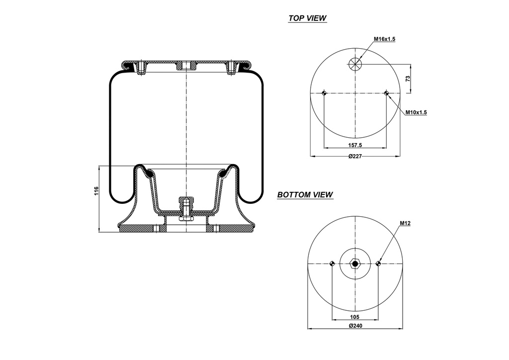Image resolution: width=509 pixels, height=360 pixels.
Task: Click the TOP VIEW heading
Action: (x=307, y=18)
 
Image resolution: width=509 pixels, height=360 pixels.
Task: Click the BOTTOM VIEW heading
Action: (x=305, y=195)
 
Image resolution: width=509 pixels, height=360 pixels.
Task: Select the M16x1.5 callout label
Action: (x=384, y=39)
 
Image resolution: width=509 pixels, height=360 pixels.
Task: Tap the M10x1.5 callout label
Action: (x=416, y=112)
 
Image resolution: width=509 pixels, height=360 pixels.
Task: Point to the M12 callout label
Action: (x=405, y=224)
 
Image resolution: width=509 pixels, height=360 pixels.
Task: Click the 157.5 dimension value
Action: (x=354, y=145)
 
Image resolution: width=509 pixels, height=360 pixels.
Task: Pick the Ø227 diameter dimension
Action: (x=354, y=156)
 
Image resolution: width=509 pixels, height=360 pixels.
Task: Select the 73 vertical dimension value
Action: (x=407, y=79)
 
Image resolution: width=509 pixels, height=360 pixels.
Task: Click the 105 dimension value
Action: (x=355, y=317)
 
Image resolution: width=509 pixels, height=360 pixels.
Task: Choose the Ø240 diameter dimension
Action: (x=355, y=326)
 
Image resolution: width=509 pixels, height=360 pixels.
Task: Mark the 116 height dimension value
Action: (x=97, y=191)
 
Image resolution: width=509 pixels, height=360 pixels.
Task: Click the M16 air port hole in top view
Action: (x=355, y=63)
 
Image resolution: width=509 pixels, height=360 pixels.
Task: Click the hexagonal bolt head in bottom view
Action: (x=355, y=264)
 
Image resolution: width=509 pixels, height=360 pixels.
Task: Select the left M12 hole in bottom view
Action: (x=332, y=264)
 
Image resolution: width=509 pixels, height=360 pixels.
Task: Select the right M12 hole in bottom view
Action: (x=378, y=264)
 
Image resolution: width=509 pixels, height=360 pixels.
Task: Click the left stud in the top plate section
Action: (x=141, y=67)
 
